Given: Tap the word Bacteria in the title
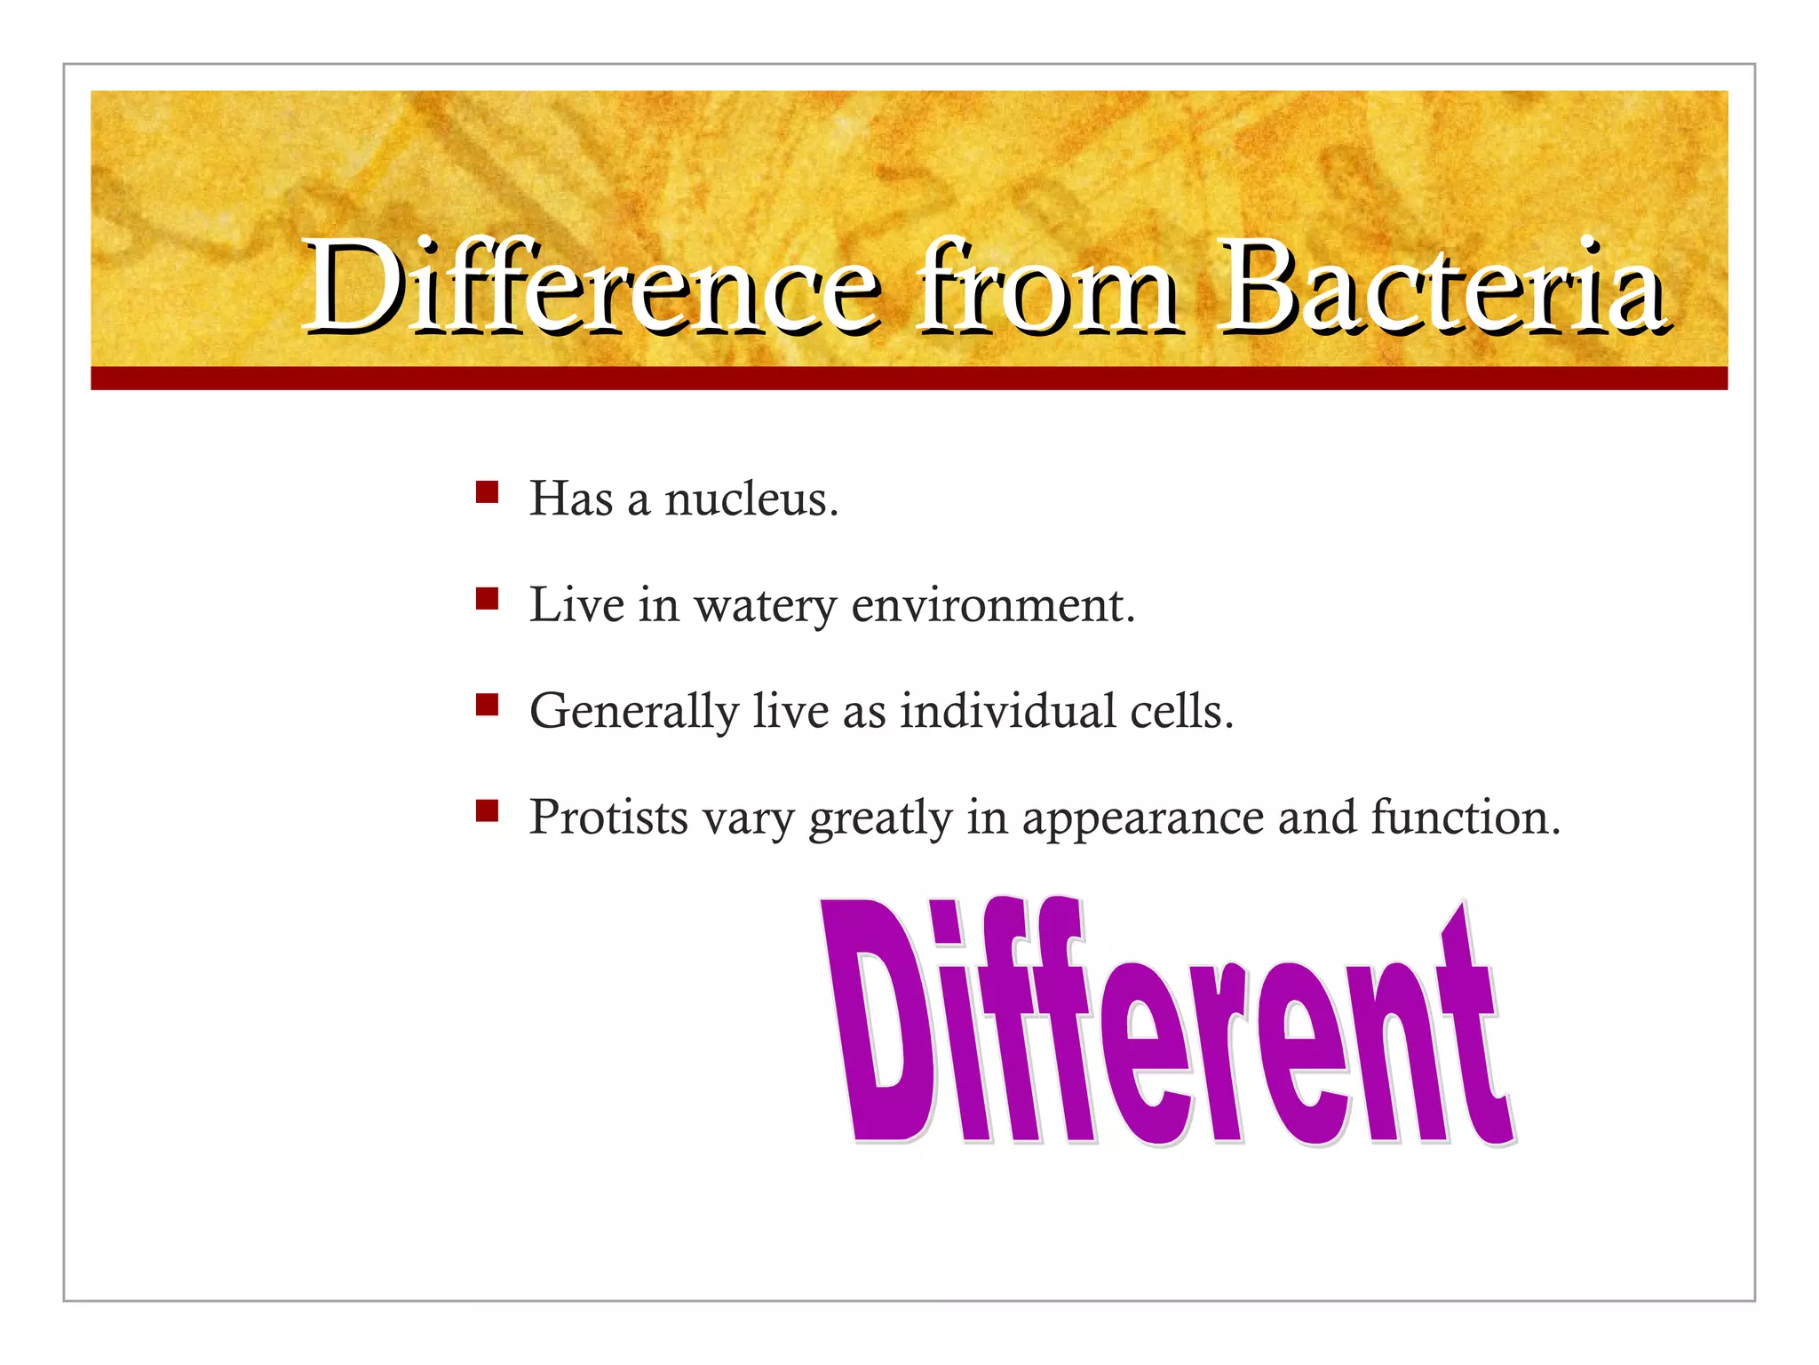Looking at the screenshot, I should pyautogui.click(x=1442, y=286).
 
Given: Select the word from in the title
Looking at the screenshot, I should pyautogui.click(x=1048, y=286).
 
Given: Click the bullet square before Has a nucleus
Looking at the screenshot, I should pyautogui.click(x=487, y=492).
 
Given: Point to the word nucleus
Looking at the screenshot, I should pyautogui.click(x=751, y=499).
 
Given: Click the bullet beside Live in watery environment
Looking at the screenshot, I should pyautogui.click(x=487, y=598).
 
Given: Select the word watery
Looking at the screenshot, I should pyautogui.click(x=765, y=607).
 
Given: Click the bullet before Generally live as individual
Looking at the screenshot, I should pyautogui.click(x=487, y=705).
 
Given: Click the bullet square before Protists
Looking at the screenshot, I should pyautogui.click(x=487, y=810).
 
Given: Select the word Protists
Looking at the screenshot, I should pyautogui.click(x=608, y=818).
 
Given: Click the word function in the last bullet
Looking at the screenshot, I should pyautogui.click(x=1465, y=818).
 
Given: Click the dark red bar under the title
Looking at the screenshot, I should pyautogui.click(x=909, y=379).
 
